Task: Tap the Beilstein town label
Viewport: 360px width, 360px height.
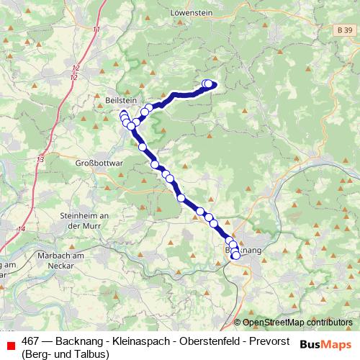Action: tap(120, 102)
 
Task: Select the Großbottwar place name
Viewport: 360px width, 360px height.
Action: tap(101, 163)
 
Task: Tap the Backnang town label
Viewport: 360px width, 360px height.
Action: tap(243, 249)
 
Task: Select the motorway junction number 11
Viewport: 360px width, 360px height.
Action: tap(96, 30)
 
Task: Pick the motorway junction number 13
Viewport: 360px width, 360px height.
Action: tap(39, 159)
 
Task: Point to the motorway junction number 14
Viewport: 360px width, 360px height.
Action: tap(20, 229)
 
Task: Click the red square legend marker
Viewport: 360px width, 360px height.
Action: tap(10, 346)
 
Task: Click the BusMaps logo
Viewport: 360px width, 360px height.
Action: tap(326, 344)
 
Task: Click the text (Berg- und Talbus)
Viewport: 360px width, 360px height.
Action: tap(66, 354)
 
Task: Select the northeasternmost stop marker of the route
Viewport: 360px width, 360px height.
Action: tap(210, 84)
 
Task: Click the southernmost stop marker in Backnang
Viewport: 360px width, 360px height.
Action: tap(235, 256)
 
